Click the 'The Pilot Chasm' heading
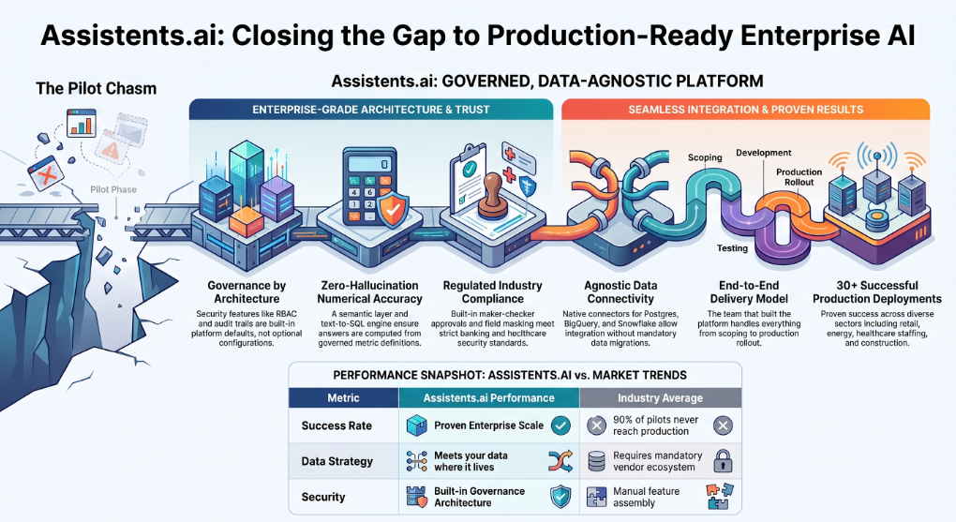(x=97, y=88)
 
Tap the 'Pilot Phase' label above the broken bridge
(x=113, y=189)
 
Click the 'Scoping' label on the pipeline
(x=705, y=157)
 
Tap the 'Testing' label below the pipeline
(x=732, y=248)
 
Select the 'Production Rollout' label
(x=799, y=177)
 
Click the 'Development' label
(x=763, y=153)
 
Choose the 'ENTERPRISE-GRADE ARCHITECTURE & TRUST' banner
(x=371, y=110)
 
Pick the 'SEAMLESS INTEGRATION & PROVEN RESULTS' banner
(x=746, y=110)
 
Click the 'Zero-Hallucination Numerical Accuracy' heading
(x=369, y=292)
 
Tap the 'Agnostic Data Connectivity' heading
(x=620, y=292)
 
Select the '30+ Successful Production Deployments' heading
(x=876, y=292)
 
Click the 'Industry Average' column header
(x=661, y=398)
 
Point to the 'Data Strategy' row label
(x=337, y=461)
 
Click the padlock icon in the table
(x=724, y=461)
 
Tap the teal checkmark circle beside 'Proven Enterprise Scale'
(x=560, y=425)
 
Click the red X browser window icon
(x=46, y=173)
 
